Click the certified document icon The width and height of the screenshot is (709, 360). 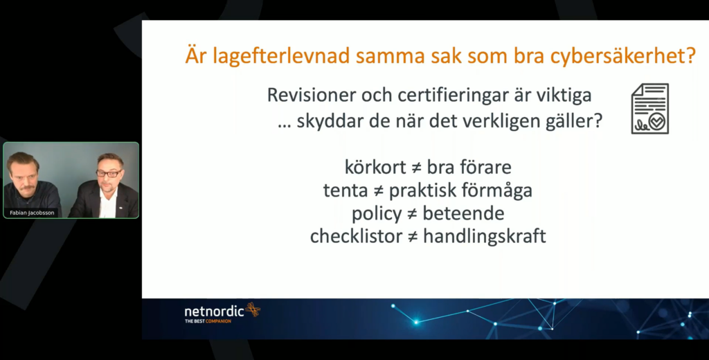pos(649,109)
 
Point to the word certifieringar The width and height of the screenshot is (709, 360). pos(454,96)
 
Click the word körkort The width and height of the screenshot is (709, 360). pos(375,168)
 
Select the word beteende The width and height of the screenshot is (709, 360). pos(463,213)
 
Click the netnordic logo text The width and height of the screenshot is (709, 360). pos(214,311)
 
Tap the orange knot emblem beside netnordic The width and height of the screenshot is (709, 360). pos(253,309)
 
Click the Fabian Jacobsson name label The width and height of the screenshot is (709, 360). pos(32,213)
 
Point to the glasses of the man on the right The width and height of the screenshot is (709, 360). pos(109,173)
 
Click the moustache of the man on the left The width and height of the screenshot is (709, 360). pos(26,186)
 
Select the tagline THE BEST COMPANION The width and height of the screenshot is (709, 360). pos(208,321)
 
